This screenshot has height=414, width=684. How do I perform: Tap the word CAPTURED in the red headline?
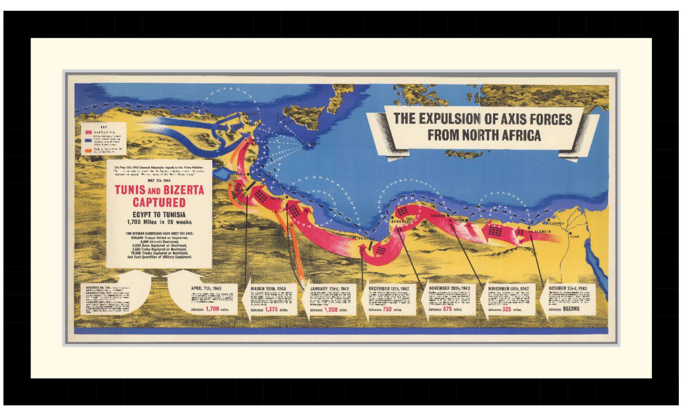point(159,203)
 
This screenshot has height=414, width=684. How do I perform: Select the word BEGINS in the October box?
point(571,309)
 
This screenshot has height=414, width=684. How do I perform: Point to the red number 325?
point(506,309)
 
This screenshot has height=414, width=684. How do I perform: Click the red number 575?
point(447,309)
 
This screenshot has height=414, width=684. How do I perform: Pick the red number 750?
point(387,309)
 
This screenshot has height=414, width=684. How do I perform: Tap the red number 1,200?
point(331,309)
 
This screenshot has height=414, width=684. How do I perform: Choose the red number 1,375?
point(271,309)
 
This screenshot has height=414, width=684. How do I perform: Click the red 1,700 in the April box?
point(212,309)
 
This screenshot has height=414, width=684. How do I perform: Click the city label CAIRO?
point(574,236)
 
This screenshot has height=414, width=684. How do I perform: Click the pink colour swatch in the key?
point(88,132)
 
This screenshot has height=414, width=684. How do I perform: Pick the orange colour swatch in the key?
point(88,151)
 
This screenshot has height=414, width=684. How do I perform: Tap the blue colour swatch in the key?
point(88,140)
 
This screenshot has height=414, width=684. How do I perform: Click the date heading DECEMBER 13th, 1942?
point(388,288)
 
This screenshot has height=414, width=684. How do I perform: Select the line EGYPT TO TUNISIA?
point(159,214)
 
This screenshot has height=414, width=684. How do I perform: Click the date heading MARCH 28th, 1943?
point(268,288)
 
